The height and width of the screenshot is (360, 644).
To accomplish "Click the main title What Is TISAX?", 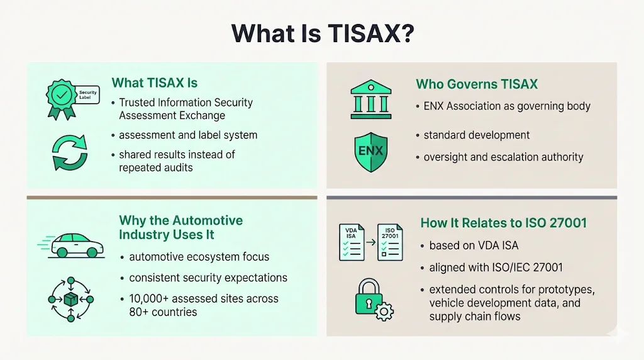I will point(322,33).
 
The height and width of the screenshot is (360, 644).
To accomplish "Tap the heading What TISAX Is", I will point(155,83).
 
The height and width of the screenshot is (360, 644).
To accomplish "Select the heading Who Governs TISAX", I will point(477,84).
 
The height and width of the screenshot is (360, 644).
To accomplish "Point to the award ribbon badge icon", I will point(61,98).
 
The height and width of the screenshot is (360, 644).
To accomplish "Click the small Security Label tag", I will point(88,95).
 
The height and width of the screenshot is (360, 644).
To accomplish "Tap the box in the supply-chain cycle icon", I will point(70,300).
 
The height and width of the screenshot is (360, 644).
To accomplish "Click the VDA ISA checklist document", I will point(352,242).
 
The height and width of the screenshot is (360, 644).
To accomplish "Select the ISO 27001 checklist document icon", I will point(390,242).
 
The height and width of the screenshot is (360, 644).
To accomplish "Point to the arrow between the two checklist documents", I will point(370,240).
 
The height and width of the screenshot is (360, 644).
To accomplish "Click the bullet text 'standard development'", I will point(476,135).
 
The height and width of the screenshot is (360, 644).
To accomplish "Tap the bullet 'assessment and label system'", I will point(188,135).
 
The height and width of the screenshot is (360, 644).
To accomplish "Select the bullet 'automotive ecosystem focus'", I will point(199,257).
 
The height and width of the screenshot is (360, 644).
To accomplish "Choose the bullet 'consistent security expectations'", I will point(208,278).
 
